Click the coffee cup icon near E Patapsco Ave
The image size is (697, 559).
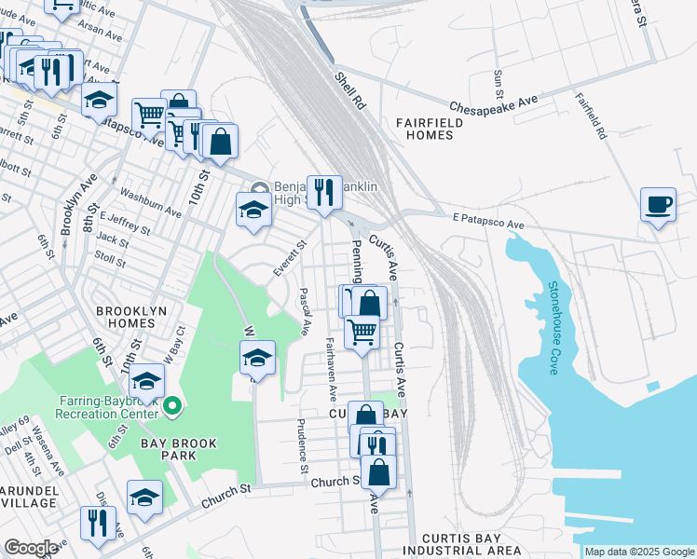click(658, 204)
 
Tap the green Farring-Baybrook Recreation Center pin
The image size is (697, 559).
click(171, 407)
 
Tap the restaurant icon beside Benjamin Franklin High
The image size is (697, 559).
click(324, 192)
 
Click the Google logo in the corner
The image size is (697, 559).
click(31, 547)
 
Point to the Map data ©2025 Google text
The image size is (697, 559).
click(639, 552)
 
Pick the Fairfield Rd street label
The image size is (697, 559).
click(591, 116)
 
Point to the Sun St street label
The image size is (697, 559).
click(499, 85)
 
